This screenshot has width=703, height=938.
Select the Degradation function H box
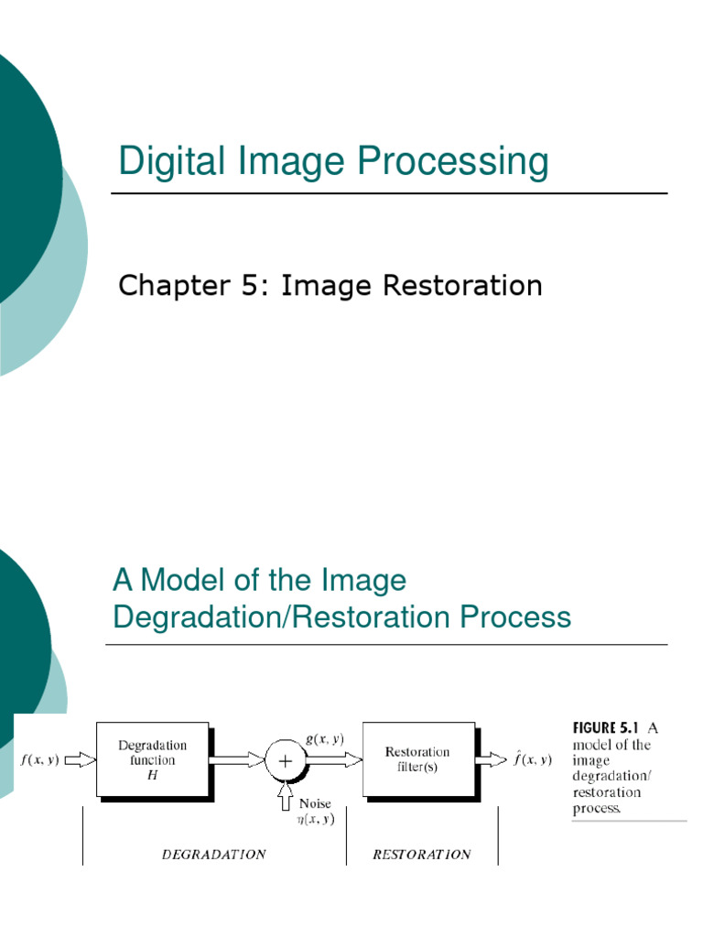pyautogui.click(x=152, y=758)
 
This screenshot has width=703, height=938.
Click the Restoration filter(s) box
pyautogui.click(x=417, y=758)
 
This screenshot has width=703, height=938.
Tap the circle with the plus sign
pyautogui.click(x=284, y=759)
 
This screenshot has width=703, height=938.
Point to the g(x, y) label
pyautogui.click(x=325, y=739)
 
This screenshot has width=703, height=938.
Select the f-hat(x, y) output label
pyautogui.click(x=532, y=758)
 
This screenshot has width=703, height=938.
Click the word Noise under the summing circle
pyautogui.click(x=316, y=803)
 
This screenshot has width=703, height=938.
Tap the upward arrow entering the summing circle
pyautogui.click(x=285, y=791)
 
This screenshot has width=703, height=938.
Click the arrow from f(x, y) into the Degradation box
pyautogui.click(x=80, y=759)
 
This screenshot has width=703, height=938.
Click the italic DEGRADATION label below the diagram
pyautogui.click(x=213, y=855)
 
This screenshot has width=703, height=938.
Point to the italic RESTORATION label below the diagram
pyautogui.click(x=422, y=855)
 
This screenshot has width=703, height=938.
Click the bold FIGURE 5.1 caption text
pyautogui.click(x=607, y=728)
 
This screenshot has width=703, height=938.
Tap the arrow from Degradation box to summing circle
pyautogui.click(x=236, y=759)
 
